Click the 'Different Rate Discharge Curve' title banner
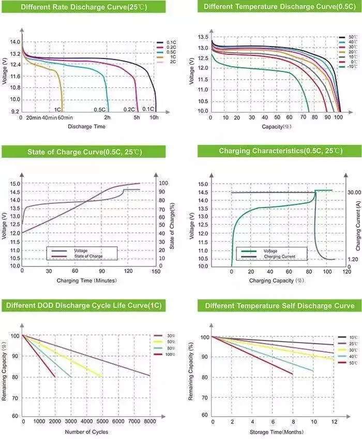coord(83,7)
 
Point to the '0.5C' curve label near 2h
coord(100,110)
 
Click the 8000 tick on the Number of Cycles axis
coord(150,422)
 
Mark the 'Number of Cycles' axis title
coord(87,432)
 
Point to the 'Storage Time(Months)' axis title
coord(277,431)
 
